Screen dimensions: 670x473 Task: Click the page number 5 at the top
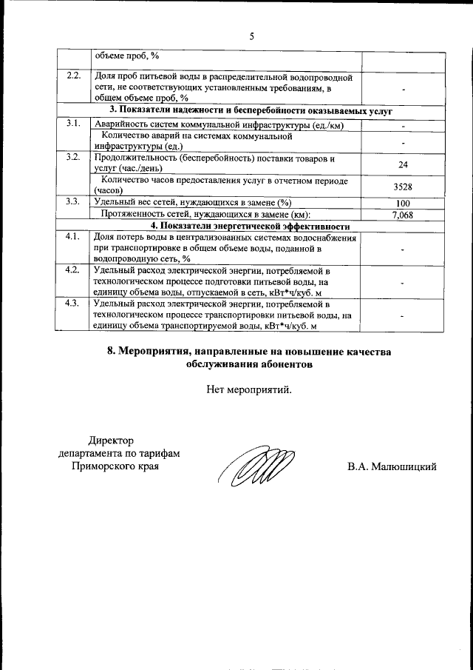pos(251,36)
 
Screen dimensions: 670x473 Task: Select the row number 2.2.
pos(73,76)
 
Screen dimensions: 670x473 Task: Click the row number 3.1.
pos(73,123)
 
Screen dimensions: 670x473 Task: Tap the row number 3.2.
pos(73,157)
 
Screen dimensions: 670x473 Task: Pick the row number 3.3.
pos(73,201)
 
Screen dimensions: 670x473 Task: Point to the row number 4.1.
pos(72,236)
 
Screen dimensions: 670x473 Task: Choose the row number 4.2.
pos(72,269)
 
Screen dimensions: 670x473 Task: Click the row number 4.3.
pos(72,303)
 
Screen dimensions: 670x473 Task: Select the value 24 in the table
pos(403,165)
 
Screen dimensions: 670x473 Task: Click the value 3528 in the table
pos(403,187)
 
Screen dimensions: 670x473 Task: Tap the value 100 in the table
pos(403,204)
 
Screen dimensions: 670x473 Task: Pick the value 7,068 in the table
pos(403,215)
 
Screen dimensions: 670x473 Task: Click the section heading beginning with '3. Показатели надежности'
pos(251,110)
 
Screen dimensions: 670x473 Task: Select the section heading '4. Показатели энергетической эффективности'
pos(251,227)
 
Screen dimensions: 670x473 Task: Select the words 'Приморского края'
pos(115,466)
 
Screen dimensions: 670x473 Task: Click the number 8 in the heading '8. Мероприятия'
pos(111,352)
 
